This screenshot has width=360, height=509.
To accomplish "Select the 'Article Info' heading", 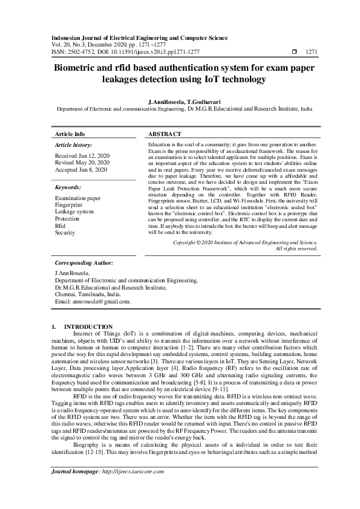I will click(x=70, y=134).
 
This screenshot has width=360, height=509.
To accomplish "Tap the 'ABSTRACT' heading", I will click(x=163, y=134).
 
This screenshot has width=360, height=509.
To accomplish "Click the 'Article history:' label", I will click(x=74, y=146).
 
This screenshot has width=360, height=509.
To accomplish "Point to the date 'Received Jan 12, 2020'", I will click(x=82, y=155).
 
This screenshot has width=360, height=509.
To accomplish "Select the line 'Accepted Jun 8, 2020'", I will click(x=81, y=170).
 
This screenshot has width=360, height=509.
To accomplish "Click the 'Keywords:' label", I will click(x=68, y=188).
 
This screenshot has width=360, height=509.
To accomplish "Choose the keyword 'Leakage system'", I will click(x=74, y=212).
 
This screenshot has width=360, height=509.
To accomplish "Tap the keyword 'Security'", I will click(x=65, y=232).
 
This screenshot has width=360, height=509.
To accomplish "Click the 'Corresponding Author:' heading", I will click(x=83, y=263).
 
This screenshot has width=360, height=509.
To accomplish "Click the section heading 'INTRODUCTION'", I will click(x=88, y=326).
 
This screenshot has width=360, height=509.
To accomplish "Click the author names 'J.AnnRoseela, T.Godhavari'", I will click(x=180, y=103).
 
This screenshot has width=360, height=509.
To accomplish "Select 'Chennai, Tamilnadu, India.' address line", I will click(x=88, y=294).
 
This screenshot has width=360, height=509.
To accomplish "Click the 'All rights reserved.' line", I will click(x=296, y=248).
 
